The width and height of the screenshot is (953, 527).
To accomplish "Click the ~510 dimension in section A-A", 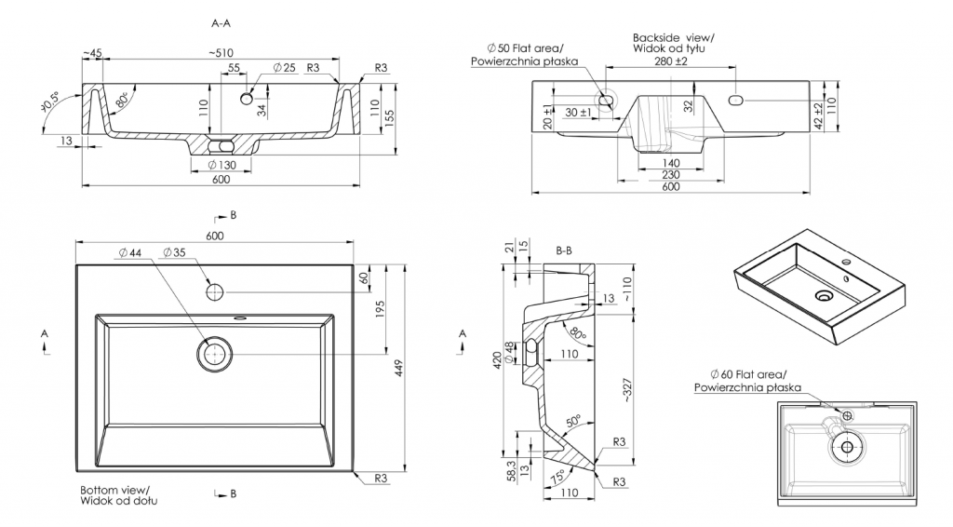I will click(x=221, y=53).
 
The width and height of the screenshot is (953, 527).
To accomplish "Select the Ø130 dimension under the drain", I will click(x=220, y=165).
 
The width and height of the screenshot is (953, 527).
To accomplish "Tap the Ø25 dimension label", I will click(x=284, y=68).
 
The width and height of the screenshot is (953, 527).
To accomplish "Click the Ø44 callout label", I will click(x=129, y=252).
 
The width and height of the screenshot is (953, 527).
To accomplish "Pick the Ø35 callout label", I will click(x=173, y=252).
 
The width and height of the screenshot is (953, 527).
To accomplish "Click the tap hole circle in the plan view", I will click(x=215, y=291).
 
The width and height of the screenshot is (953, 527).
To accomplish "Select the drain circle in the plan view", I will click(x=215, y=354).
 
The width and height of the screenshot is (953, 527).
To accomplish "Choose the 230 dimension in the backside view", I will click(x=670, y=174).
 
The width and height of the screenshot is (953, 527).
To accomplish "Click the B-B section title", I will click(x=563, y=250).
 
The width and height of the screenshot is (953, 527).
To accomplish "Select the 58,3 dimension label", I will click(x=511, y=470).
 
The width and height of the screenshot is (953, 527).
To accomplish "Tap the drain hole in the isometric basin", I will click(x=823, y=296).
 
